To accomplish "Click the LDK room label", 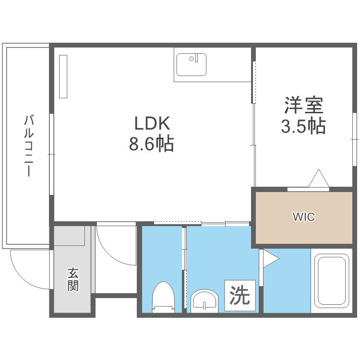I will [152, 124].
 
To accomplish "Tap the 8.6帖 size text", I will [151, 144].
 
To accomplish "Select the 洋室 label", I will [303, 105].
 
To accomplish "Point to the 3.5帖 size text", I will [303, 126].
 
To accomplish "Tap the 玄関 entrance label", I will [73, 280].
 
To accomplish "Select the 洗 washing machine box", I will [239, 296].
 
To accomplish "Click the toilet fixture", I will [162, 297].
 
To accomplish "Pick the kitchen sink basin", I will [191, 65].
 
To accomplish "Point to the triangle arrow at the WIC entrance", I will [318, 179].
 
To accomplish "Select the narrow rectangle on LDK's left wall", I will [63, 76].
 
